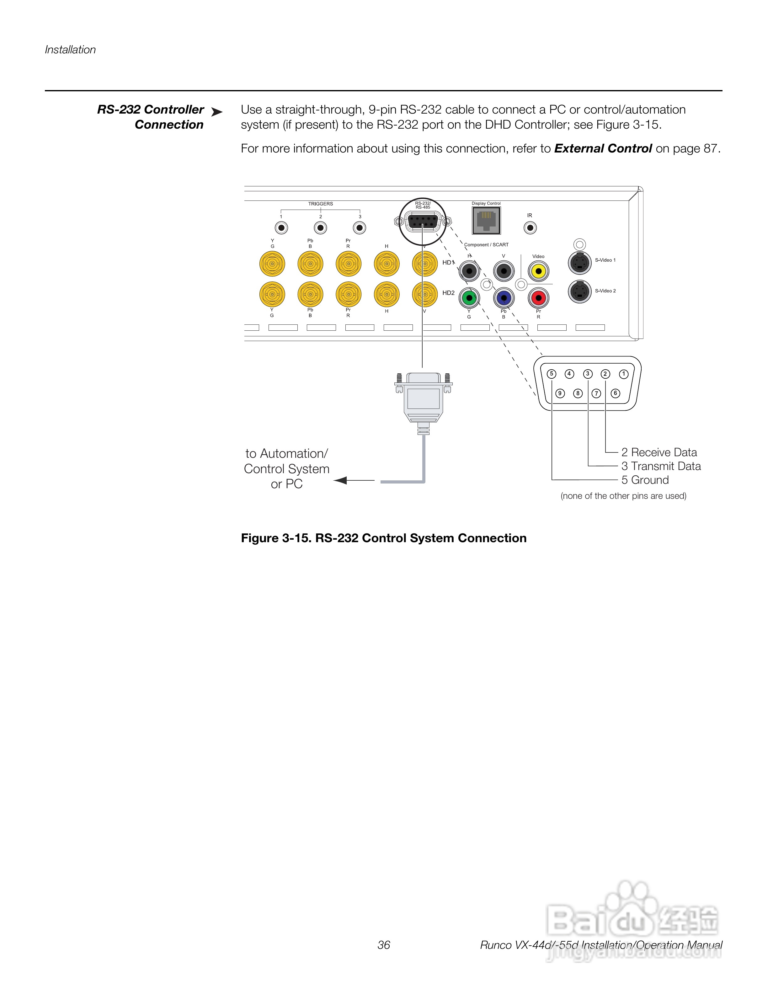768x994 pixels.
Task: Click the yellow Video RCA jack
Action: pyautogui.click(x=538, y=272)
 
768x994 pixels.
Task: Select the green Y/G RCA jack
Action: pyautogui.click(x=469, y=299)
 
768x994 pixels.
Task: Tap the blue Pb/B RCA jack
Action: pyautogui.click(x=504, y=299)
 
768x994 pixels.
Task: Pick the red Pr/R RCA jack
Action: pyautogui.click(x=539, y=299)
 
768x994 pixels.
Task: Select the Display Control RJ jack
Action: pyautogui.click(x=486, y=221)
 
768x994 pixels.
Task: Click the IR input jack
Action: pyautogui.click(x=530, y=227)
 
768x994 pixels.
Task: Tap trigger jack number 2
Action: pyautogui.click(x=321, y=227)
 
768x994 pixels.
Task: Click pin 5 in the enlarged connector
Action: pyautogui.click(x=552, y=374)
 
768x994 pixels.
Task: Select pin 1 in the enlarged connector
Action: pyautogui.click(x=624, y=374)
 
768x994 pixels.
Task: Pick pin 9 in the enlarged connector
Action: pyautogui.click(x=560, y=393)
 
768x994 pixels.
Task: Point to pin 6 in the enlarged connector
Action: pyautogui.click(x=615, y=393)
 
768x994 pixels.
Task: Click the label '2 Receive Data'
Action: pyautogui.click(x=659, y=452)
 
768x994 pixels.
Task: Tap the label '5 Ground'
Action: pyautogui.click(x=645, y=480)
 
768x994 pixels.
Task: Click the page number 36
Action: pyautogui.click(x=384, y=945)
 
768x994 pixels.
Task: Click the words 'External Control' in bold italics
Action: pyautogui.click(x=603, y=149)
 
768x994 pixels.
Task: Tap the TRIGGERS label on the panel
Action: pyautogui.click(x=320, y=204)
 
